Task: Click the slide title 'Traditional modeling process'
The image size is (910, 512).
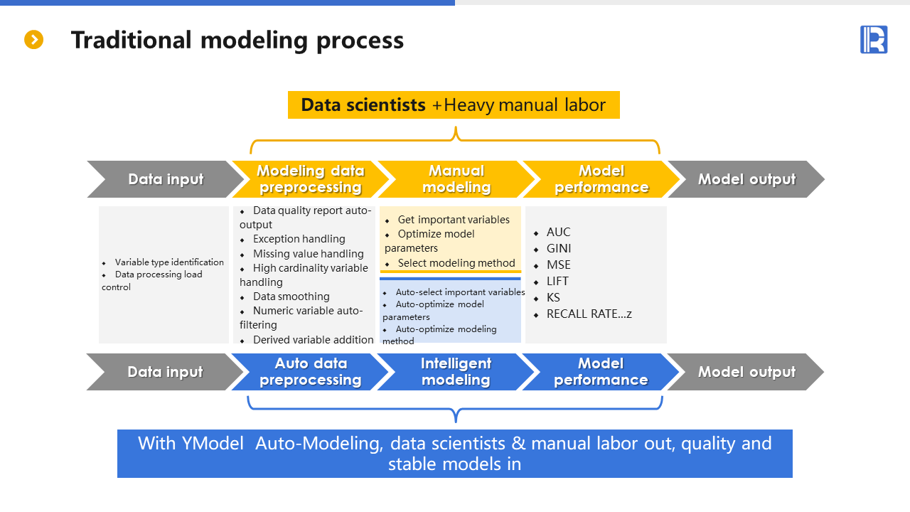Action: tap(237, 40)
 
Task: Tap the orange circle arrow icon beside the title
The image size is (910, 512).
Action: tap(34, 40)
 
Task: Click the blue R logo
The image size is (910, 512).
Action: tap(874, 40)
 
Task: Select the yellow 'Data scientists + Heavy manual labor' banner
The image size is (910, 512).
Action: tap(454, 105)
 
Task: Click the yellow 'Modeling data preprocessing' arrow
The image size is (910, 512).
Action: tap(310, 179)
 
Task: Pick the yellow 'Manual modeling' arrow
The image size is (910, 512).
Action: tap(456, 179)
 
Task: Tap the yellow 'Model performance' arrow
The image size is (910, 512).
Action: tap(601, 179)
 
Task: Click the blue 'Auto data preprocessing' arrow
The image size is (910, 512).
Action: tap(310, 372)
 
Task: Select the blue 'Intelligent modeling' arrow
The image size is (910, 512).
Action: tap(456, 372)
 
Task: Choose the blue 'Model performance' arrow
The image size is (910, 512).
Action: tap(601, 372)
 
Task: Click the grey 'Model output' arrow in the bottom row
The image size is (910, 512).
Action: tap(746, 372)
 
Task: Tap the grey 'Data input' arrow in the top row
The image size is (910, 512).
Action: tap(166, 179)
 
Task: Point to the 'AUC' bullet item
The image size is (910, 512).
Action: tap(558, 233)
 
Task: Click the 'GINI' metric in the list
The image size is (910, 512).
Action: tap(559, 249)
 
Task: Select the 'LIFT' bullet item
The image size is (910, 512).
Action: tap(557, 282)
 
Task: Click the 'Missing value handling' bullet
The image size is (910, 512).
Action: tap(308, 254)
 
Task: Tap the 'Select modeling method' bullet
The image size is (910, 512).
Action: tap(456, 263)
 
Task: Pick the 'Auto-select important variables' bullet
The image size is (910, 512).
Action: tap(460, 292)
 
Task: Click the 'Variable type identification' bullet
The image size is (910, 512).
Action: tap(169, 262)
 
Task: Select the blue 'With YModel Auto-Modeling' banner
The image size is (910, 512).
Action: tap(454, 454)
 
